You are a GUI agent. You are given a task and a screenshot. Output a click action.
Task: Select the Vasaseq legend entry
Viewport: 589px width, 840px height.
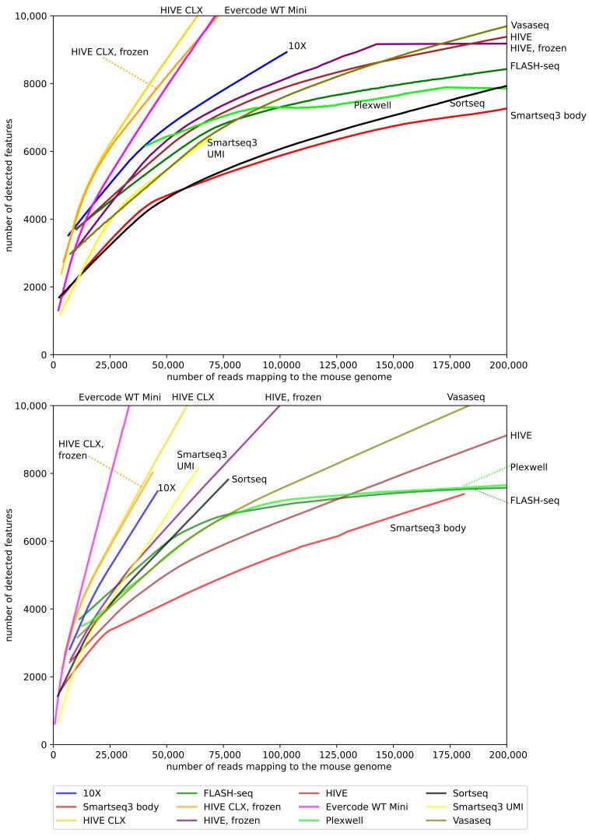pos(475,820)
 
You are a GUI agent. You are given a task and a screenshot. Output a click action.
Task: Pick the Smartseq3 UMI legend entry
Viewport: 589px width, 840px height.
pos(487,807)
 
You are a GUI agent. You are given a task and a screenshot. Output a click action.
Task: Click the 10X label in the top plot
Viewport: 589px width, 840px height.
pos(297,46)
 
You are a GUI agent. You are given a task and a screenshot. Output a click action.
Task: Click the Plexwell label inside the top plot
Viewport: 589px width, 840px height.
pos(372,105)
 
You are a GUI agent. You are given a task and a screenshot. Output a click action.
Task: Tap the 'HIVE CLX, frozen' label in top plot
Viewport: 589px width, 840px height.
pos(110,52)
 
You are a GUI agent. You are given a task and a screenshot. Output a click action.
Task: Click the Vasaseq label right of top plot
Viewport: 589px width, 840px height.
pos(530,26)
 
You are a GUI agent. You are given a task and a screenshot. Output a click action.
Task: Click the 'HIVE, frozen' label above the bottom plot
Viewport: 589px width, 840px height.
pos(293,397)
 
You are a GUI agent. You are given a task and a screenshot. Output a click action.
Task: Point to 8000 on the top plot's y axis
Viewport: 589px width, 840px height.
pos(34,84)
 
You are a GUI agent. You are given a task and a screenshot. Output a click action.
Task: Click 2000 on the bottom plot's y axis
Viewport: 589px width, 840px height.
pos(34,677)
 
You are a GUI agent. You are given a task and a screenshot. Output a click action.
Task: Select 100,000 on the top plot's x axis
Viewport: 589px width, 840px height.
pos(279,365)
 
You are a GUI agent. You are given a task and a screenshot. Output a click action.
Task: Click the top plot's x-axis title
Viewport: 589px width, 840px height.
pos(279,377)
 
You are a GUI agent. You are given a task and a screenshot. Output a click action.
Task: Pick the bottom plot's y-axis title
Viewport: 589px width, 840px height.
pos(9,575)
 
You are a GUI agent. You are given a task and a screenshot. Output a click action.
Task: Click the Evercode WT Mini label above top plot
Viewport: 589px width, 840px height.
pos(260,10)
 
